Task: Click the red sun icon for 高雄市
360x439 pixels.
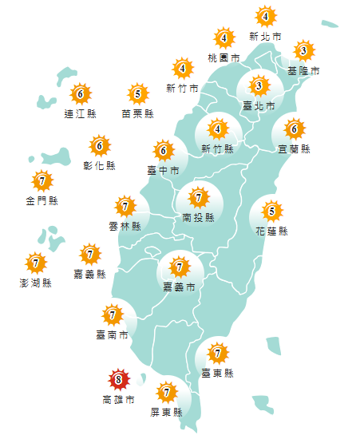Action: (118, 379)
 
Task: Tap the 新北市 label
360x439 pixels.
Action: (265, 37)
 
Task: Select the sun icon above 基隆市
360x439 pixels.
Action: (303, 52)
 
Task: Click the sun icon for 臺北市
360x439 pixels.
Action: (258, 85)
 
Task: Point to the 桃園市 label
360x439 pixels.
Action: (224, 58)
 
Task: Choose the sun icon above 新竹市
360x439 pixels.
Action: (182, 68)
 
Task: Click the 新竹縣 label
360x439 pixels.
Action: (217, 148)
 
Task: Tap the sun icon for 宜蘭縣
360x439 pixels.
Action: (294, 129)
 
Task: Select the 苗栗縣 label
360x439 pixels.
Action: (138, 114)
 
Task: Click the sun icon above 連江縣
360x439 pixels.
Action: (79, 94)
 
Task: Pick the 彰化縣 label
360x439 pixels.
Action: (100, 166)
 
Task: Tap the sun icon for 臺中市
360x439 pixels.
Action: (164, 150)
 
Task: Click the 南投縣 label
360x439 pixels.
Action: (198, 216)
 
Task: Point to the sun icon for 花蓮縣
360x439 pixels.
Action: (272, 212)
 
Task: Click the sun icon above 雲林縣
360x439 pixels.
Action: (125, 207)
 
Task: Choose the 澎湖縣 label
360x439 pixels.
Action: (35, 283)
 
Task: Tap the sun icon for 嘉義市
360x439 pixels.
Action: (180, 267)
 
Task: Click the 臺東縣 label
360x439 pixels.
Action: (217, 372)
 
